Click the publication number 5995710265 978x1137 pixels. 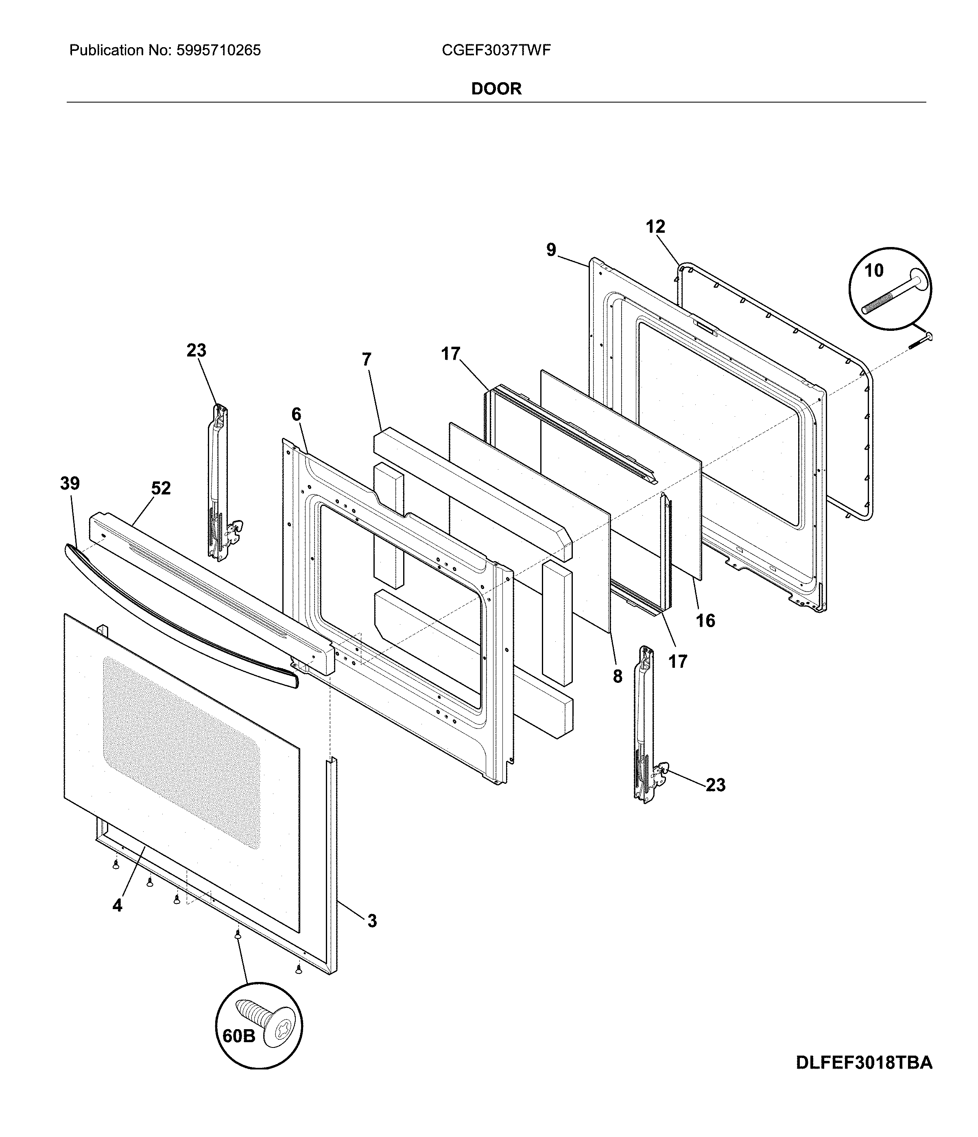218,50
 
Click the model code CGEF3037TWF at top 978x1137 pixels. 496,50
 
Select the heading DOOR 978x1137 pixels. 496,89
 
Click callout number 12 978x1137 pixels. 655,226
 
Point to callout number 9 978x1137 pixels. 551,250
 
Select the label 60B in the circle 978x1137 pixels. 239,1036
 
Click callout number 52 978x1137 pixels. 161,488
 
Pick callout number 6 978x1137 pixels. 296,414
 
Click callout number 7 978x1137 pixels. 367,359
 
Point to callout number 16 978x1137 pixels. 705,621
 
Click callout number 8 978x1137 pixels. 618,677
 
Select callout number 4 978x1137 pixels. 118,905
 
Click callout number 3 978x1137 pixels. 372,921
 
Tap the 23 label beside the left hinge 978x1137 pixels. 196,350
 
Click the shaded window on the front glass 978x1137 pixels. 181,752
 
